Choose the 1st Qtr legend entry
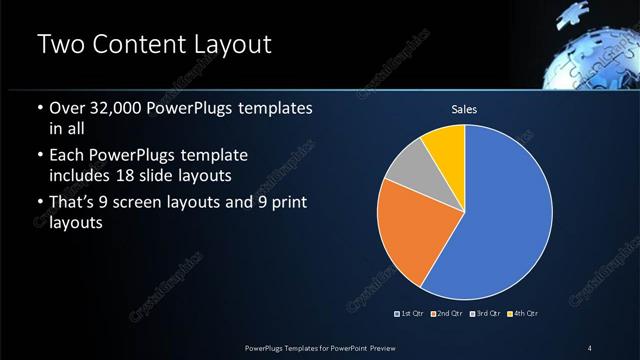pyautogui.click(x=412, y=314)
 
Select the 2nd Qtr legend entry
pyautogui.click(x=448, y=314)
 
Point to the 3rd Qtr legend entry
pyautogui.click(x=485, y=314)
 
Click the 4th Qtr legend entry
pyautogui.click(x=523, y=314)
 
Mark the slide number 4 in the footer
pyautogui.click(x=590, y=347)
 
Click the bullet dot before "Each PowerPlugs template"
pyautogui.click(x=39, y=157)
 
